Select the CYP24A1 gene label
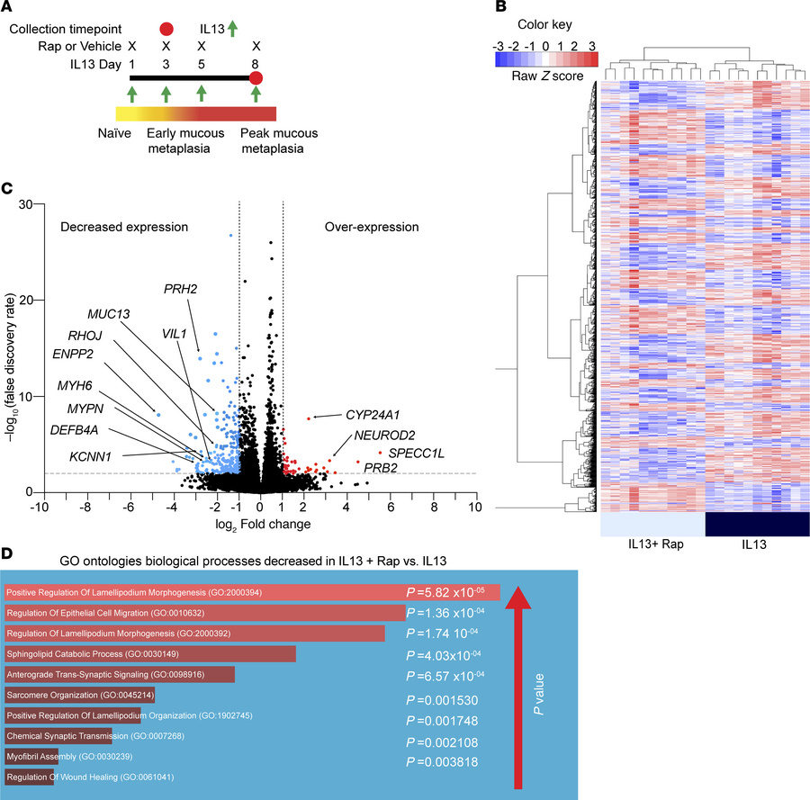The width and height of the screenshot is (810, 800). click(374, 415)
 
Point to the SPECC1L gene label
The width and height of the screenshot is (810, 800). click(417, 452)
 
